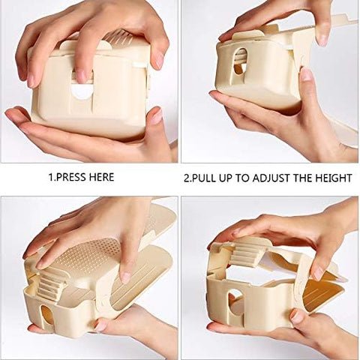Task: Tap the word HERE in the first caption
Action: point(100,177)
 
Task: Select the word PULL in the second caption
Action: point(208,178)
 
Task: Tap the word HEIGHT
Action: point(334,178)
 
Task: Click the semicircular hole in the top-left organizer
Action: point(82,91)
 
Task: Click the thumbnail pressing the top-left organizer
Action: point(81,76)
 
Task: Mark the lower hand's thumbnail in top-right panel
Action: point(307,73)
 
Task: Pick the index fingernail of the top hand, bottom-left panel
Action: point(125,276)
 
